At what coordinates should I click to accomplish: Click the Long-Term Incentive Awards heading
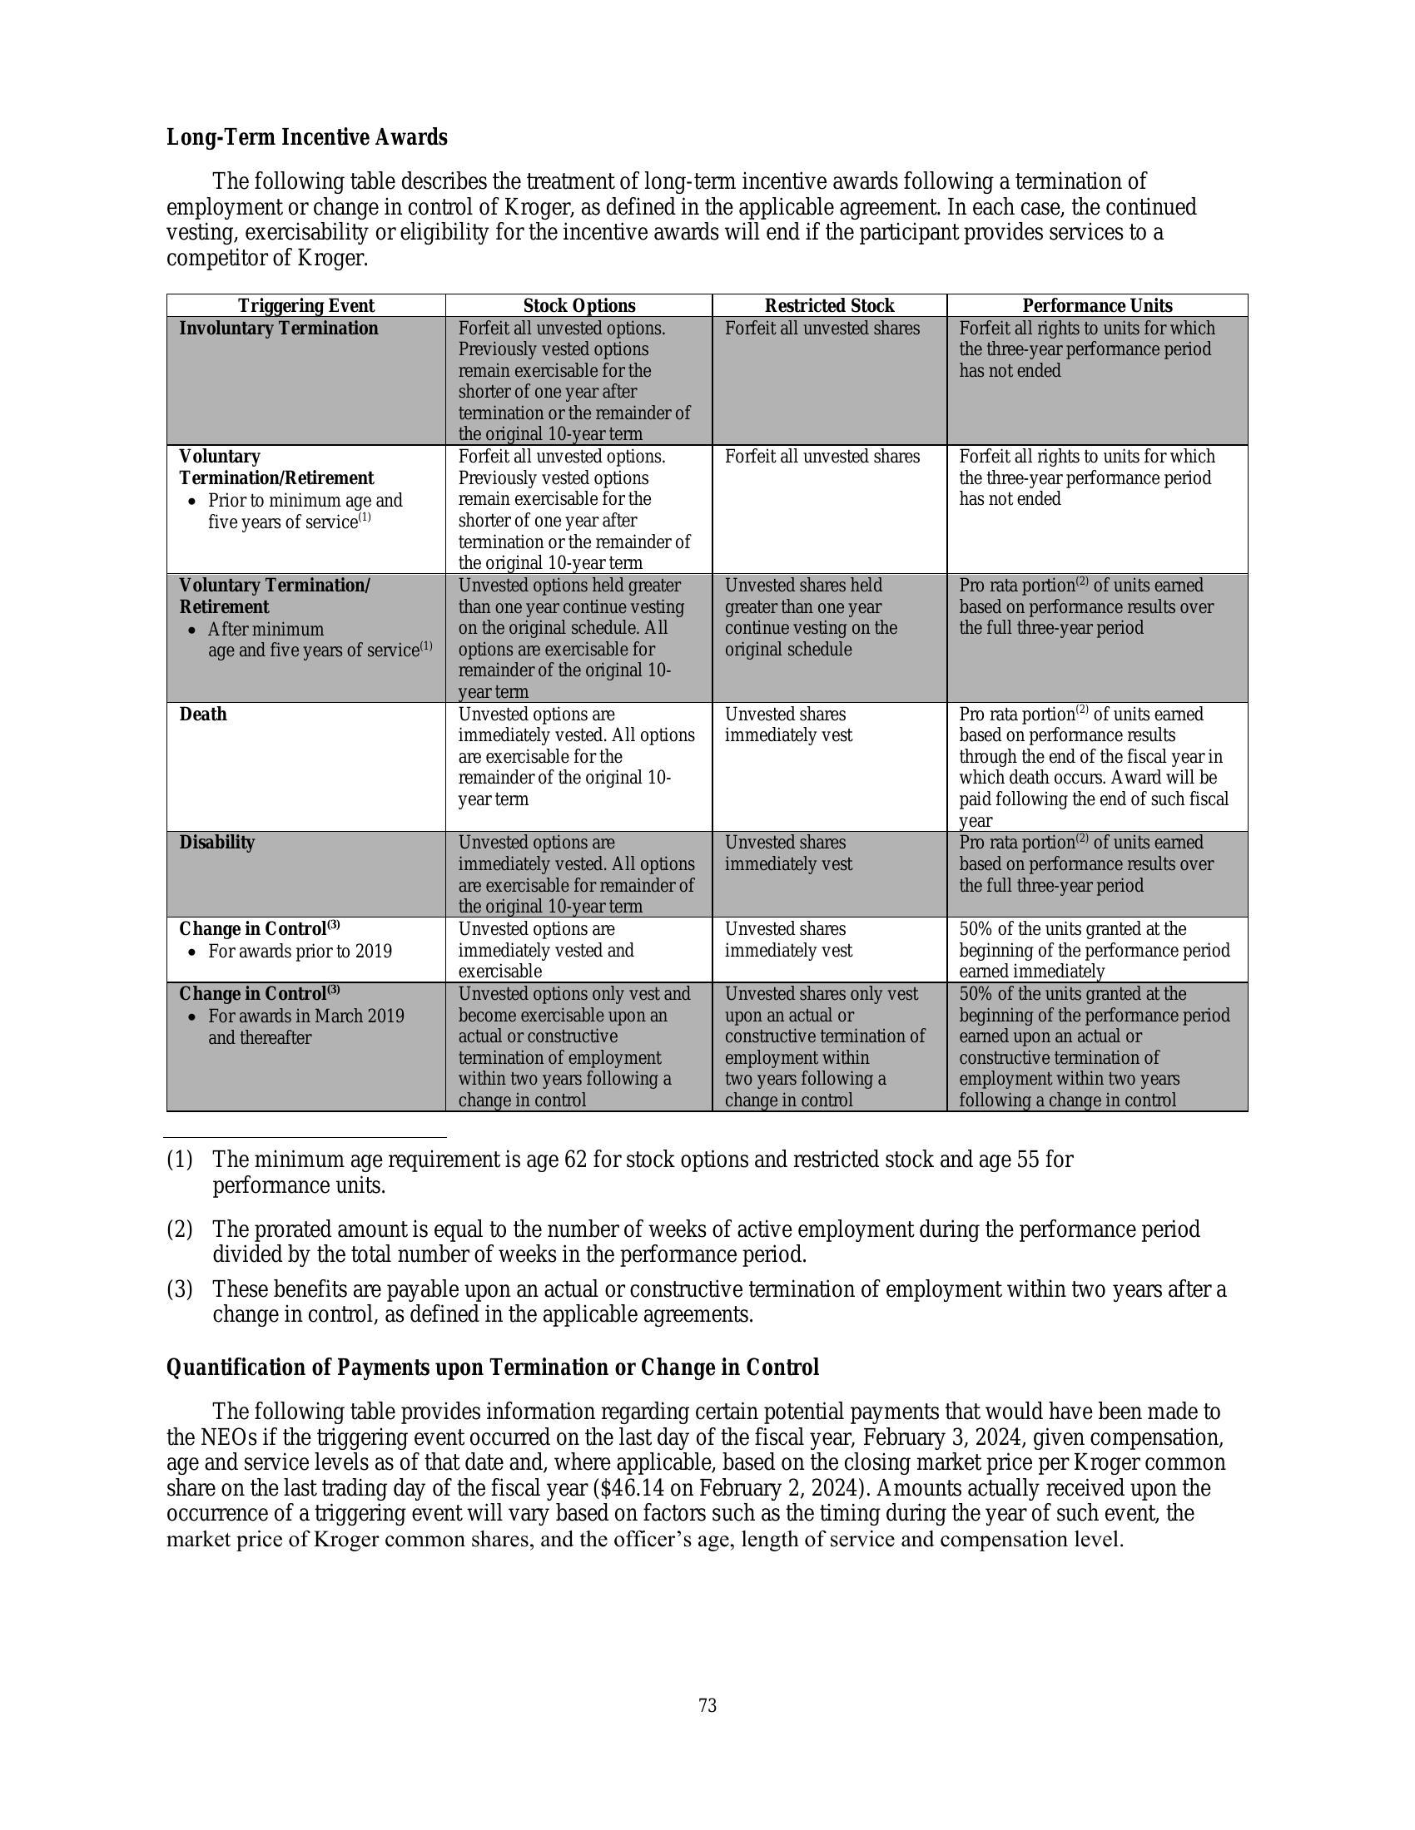307,137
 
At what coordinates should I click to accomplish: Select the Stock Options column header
579,306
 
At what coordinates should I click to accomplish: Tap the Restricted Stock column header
829,306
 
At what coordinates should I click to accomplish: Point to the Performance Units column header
1096,306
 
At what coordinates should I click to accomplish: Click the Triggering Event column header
306,306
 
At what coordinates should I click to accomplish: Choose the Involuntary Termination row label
278,329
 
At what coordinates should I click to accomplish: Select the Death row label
203,714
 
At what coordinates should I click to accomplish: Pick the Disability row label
216,842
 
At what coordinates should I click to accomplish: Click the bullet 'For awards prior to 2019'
300,951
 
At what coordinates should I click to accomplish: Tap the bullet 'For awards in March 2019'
306,1016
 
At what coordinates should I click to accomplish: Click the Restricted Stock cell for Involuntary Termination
822,329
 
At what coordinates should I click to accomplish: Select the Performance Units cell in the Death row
1093,767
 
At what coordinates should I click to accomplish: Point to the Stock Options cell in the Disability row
576,874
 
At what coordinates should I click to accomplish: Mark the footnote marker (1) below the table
180,1160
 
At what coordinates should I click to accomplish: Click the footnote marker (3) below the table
180,1288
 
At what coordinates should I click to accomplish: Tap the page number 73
707,1706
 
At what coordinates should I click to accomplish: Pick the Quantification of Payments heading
492,1368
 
